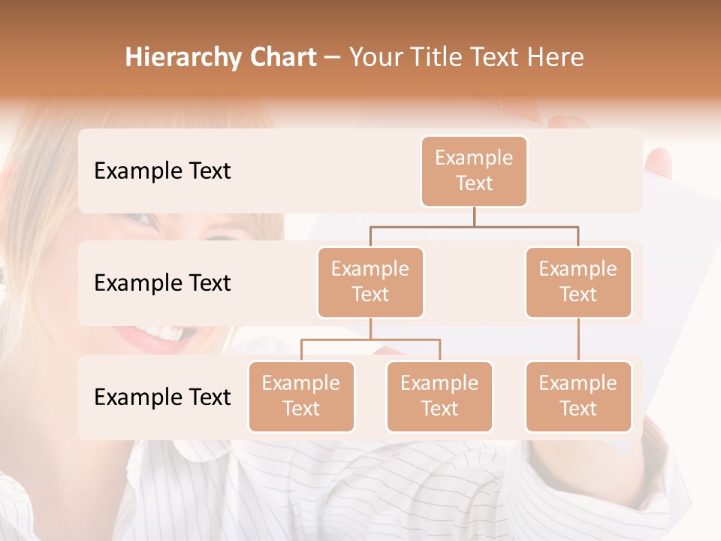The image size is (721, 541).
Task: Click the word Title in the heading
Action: [x=434, y=57]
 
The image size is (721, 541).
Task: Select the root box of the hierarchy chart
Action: [x=474, y=171]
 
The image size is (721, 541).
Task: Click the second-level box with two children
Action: [x=370, y=282]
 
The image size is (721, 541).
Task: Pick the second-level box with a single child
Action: [x=578, y=282]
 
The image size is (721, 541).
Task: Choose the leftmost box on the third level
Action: [x=301, y=396]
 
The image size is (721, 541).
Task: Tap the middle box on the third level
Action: [x=439, y=396]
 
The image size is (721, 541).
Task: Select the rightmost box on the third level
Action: [x=578, y=396]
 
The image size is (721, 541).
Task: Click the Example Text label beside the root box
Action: [x=162, y=171]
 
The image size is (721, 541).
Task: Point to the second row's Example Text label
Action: [x=162, y=283]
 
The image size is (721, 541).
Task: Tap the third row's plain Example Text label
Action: [x=162, y=397]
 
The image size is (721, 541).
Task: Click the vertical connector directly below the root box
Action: [x=474, y=216]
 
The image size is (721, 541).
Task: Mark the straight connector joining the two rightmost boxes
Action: [x=578, y=340]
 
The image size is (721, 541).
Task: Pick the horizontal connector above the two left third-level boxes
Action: [x=370, y=340]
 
